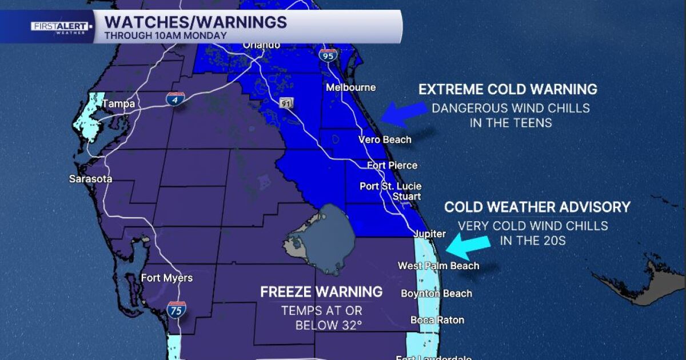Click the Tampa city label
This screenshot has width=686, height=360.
pos(118,104)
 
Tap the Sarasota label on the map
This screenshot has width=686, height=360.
pos(90,179)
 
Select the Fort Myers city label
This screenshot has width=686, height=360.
pos(167,278)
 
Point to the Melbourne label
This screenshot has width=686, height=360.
pos(350,87)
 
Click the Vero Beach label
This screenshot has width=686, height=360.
pos(384,139)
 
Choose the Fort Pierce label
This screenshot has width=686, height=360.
pos(392,165)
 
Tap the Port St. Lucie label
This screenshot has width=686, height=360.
pos(390,186)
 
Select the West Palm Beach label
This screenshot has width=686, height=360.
pos(438,266)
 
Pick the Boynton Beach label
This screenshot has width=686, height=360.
pos(437,294)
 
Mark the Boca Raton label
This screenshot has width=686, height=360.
pos(437,320)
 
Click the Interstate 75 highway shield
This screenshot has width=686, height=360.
pos(176,310)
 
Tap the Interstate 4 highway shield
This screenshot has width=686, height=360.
pos(175,99)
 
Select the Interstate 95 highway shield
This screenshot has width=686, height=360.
pos(329,55)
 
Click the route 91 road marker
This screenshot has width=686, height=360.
pos(286,103)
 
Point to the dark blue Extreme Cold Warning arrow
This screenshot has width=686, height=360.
pos(404,113)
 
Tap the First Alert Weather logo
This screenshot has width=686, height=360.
pos(60,27)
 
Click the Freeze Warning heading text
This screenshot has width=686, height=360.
pos(321,292)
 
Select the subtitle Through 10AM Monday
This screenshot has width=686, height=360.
pos(166,35)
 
